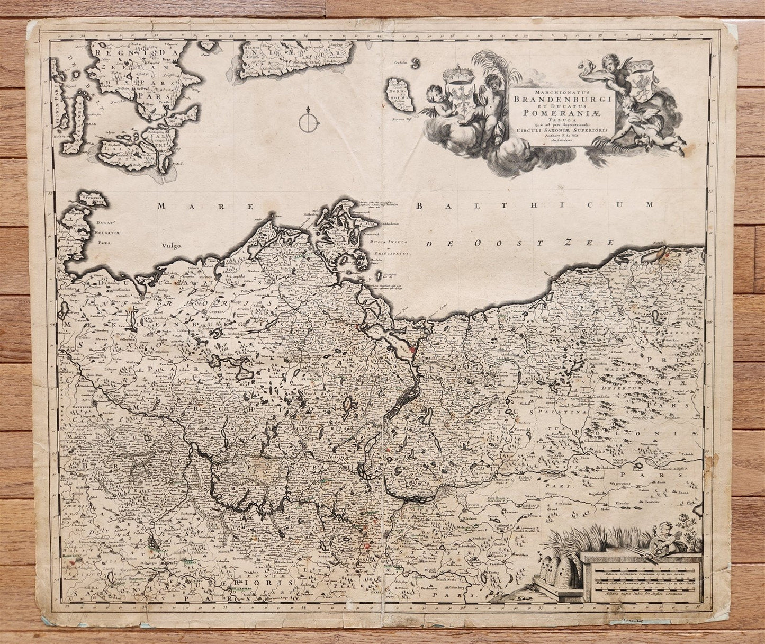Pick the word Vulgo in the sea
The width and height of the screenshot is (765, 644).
[x=173, y=245]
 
